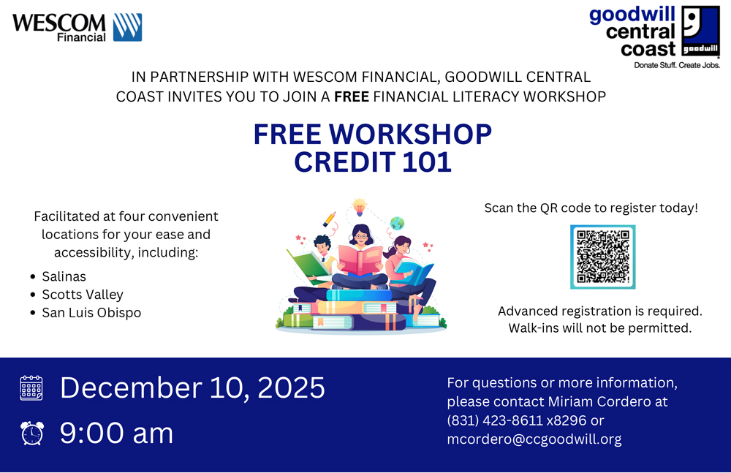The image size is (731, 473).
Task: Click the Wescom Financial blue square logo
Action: pos(127,27)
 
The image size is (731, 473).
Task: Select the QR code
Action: pos(603,257)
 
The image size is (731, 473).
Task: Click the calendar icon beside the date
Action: pos(31,388)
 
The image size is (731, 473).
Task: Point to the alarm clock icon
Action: pos(32,433)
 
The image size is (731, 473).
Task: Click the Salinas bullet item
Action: pos(64,276)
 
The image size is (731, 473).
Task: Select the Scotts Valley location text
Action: pos(83,295)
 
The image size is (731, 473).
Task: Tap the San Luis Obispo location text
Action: pos(91,313)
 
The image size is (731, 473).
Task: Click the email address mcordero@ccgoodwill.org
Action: pos(534,439)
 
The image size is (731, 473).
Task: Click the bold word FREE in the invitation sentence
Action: pos(352,97)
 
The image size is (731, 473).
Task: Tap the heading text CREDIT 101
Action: pos(373,162)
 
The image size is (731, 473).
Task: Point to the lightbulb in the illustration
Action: pos(359,207)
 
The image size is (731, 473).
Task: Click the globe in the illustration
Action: pos(397,224)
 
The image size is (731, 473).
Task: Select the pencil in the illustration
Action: pos(329,219)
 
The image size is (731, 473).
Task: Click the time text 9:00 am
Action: pos(116,433)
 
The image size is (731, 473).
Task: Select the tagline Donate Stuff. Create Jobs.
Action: pos(677,65)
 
